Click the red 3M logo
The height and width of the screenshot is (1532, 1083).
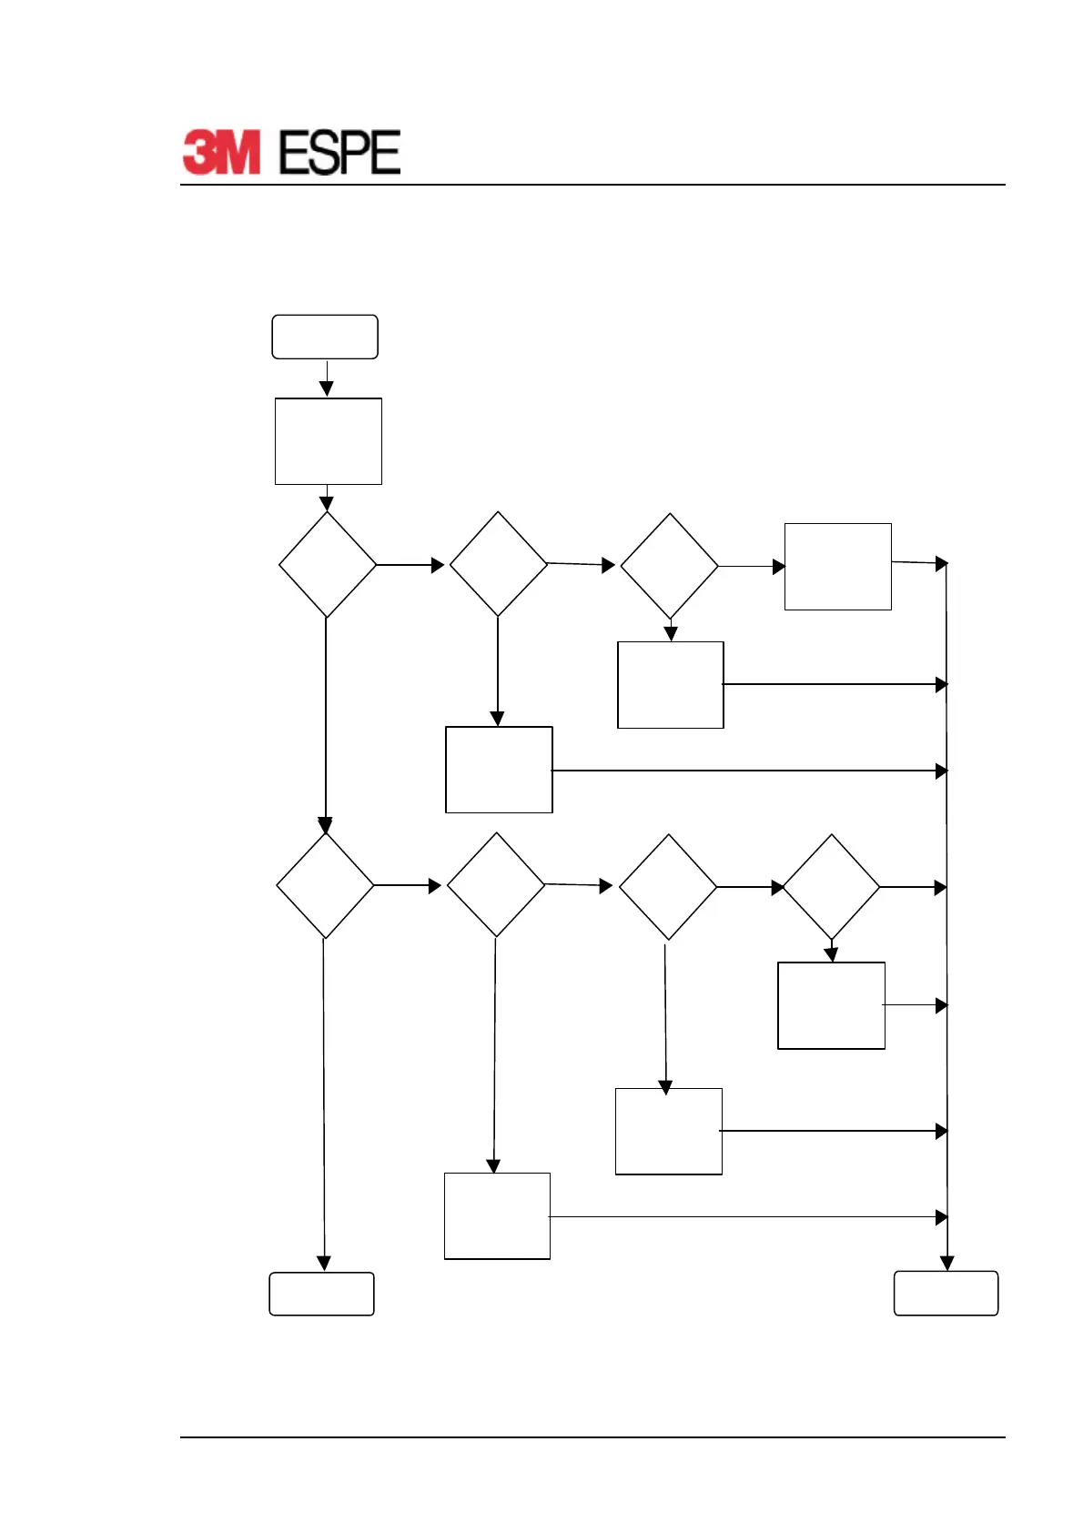point(221,152)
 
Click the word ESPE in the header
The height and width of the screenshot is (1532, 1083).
point(339,152)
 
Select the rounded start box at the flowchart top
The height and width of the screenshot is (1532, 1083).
point(325,337)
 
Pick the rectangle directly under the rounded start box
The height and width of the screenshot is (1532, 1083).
point(329,441)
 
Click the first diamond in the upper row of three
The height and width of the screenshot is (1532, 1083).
point(328,565)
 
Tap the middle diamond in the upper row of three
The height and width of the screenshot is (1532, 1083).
point(498,564)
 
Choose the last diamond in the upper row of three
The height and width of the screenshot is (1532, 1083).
point(670,566)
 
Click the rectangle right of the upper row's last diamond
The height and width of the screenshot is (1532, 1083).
point(837,566)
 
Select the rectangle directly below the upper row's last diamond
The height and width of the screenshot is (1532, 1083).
point(671,685)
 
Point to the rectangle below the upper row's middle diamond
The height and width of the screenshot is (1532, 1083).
point(499,770)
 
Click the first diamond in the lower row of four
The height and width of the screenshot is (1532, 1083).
point(325,886)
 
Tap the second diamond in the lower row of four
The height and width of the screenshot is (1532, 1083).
point(496,885)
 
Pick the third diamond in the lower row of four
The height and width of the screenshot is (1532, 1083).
point(668,887)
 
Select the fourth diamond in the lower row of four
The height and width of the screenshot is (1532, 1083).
point(831,887)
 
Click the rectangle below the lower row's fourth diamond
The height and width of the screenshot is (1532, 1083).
point(831,1005)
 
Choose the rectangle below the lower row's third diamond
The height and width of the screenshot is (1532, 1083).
point(669,1131)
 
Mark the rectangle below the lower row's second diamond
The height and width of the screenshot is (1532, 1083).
point(497,1216)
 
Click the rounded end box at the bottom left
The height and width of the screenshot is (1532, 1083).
point(321,1294)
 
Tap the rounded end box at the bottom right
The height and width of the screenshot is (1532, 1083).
point(946,1294)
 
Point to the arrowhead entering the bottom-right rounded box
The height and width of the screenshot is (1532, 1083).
point(946,1264)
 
